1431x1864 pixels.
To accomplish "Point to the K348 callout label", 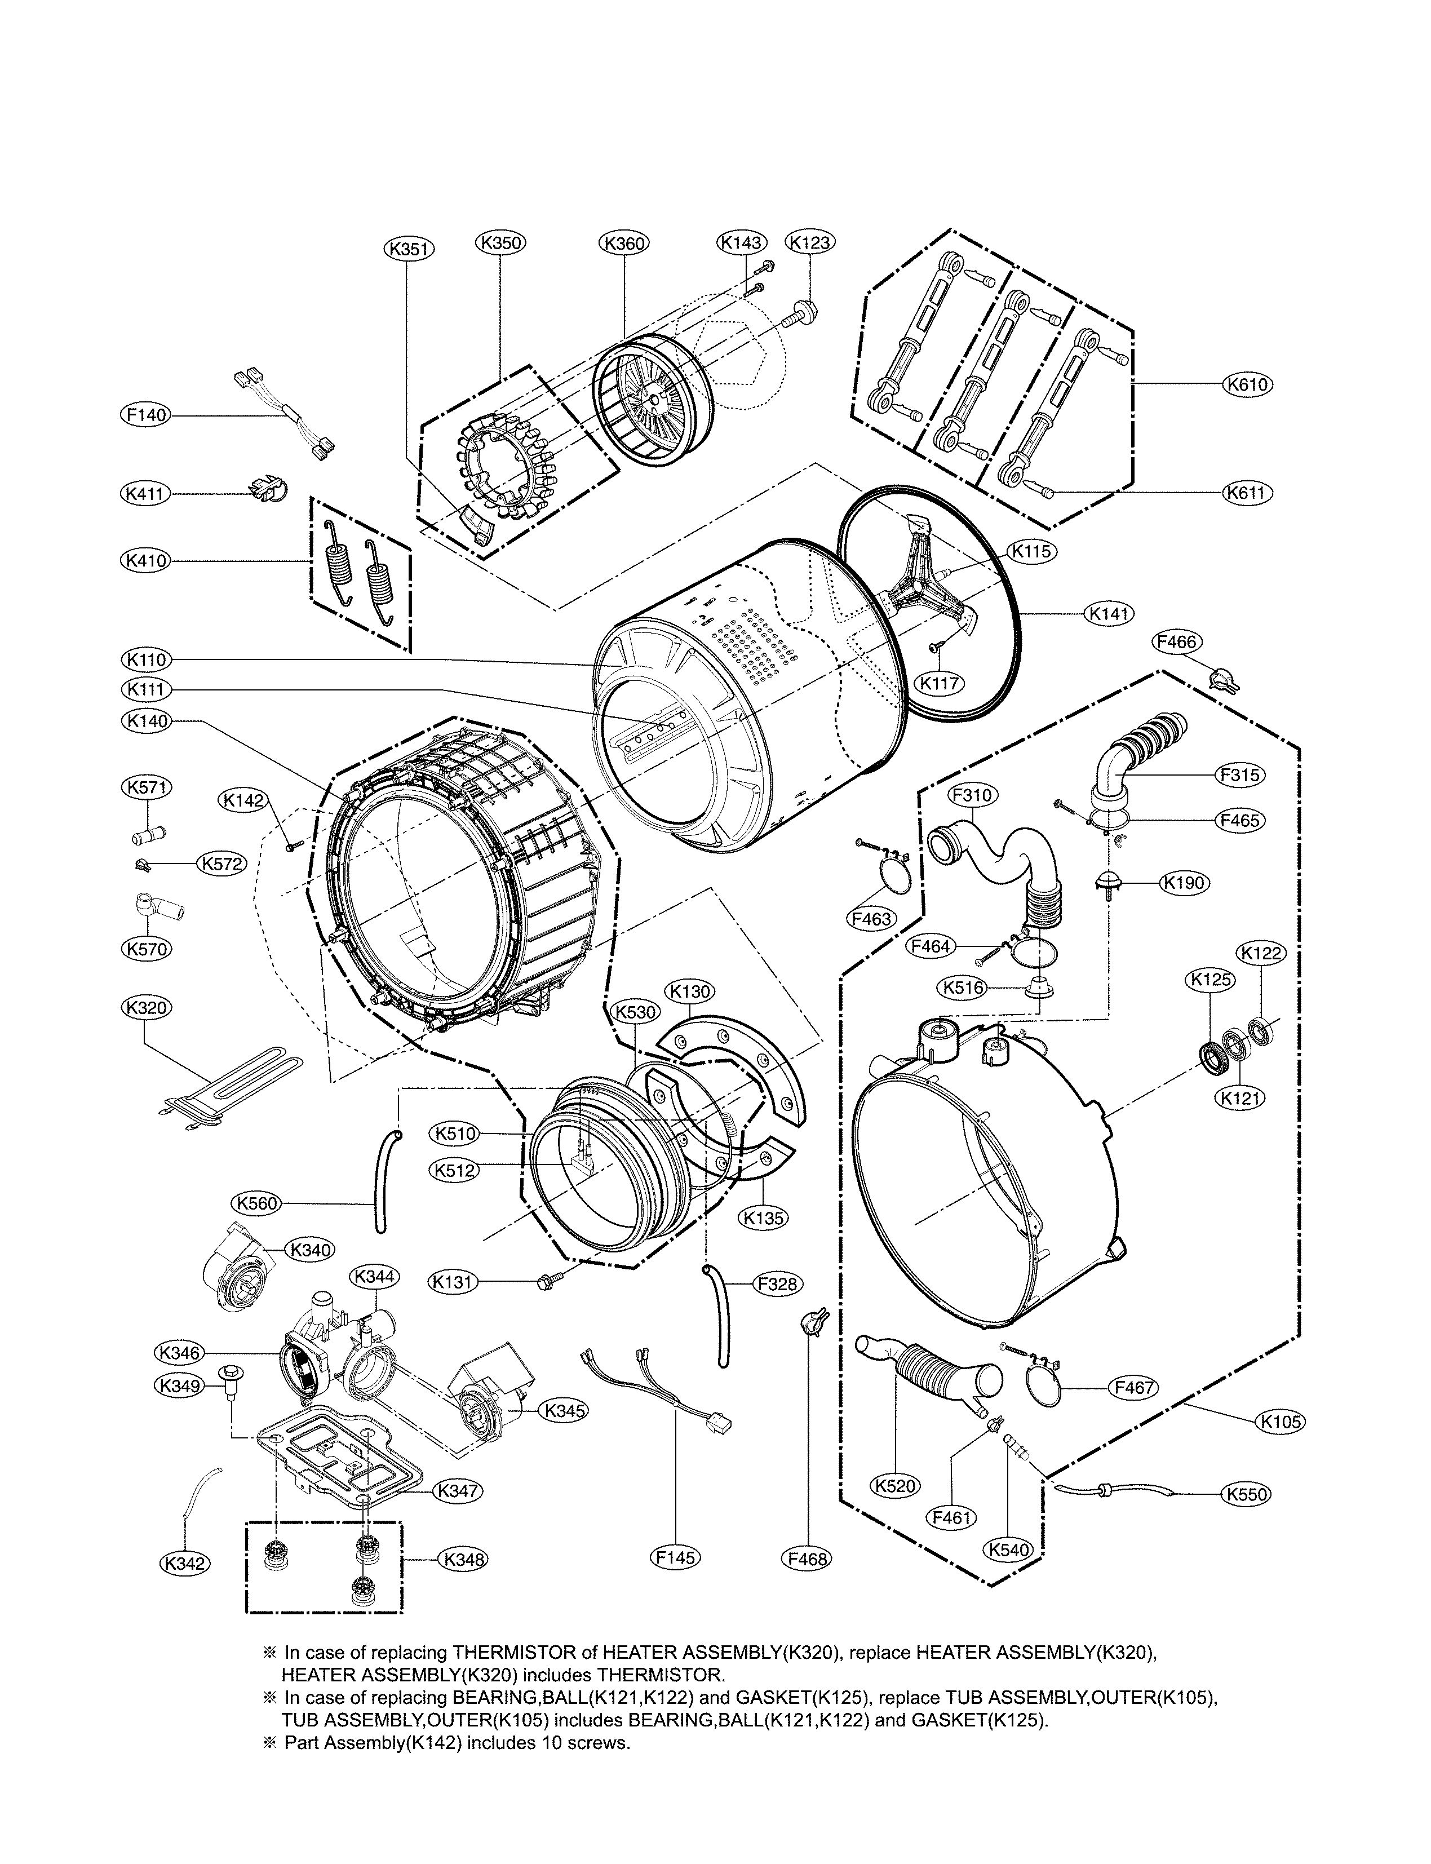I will pyautogui.click(x=463, y=1559).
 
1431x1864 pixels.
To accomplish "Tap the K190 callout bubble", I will pyautogui.click(x=1185, y=883).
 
